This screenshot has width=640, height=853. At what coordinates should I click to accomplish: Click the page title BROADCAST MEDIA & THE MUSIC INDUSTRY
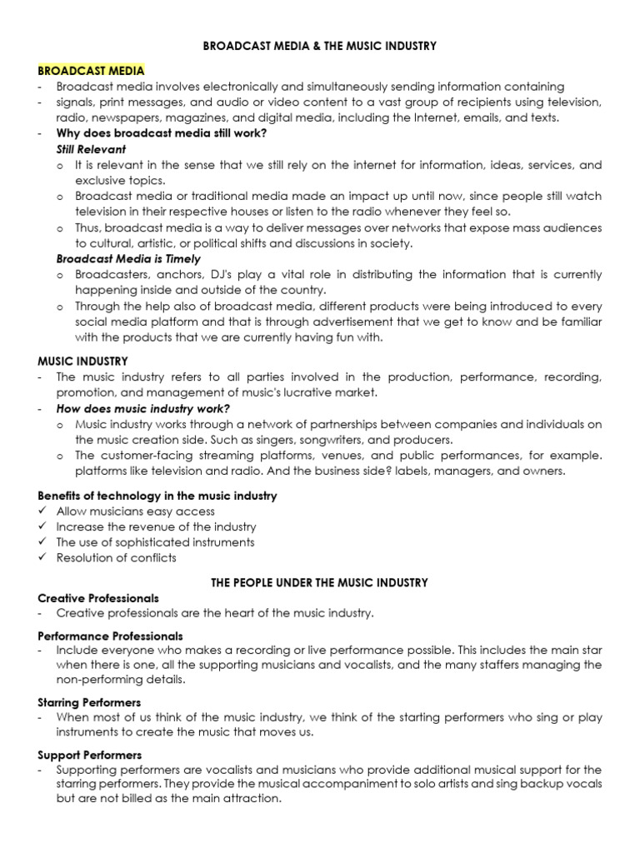(x=320, y=47)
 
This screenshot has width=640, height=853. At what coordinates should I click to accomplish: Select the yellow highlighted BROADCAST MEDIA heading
(x=92, y=71)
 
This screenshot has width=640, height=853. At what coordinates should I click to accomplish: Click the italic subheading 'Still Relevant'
(x=91, y=149)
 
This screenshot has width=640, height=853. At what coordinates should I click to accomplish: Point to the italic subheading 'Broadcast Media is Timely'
(x=128, y=259)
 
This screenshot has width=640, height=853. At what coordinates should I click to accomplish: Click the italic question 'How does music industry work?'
(x=142, y=408)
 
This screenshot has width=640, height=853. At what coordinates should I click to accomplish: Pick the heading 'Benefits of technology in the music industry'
(x=157, y=496)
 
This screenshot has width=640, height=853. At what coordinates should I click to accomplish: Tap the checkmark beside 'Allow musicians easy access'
(x=43, y=511)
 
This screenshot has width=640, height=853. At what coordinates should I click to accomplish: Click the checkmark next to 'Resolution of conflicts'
(x=43, y=558)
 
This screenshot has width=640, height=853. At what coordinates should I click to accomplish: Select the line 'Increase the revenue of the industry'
(x=156, y=526)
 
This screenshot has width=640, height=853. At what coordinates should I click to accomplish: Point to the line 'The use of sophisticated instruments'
(x=155, y=542)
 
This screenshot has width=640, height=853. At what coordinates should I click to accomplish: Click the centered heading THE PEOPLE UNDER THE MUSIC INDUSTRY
(x=320, y=581)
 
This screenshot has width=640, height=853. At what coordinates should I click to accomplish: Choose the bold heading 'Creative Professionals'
(x=98, y=598)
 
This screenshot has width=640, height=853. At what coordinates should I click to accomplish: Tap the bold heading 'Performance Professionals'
(x=109, y=636)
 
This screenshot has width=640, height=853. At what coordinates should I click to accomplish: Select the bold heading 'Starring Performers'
(x=90, y=703)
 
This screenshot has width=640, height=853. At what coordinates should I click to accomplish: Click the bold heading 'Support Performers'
(x=89, y=755)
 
